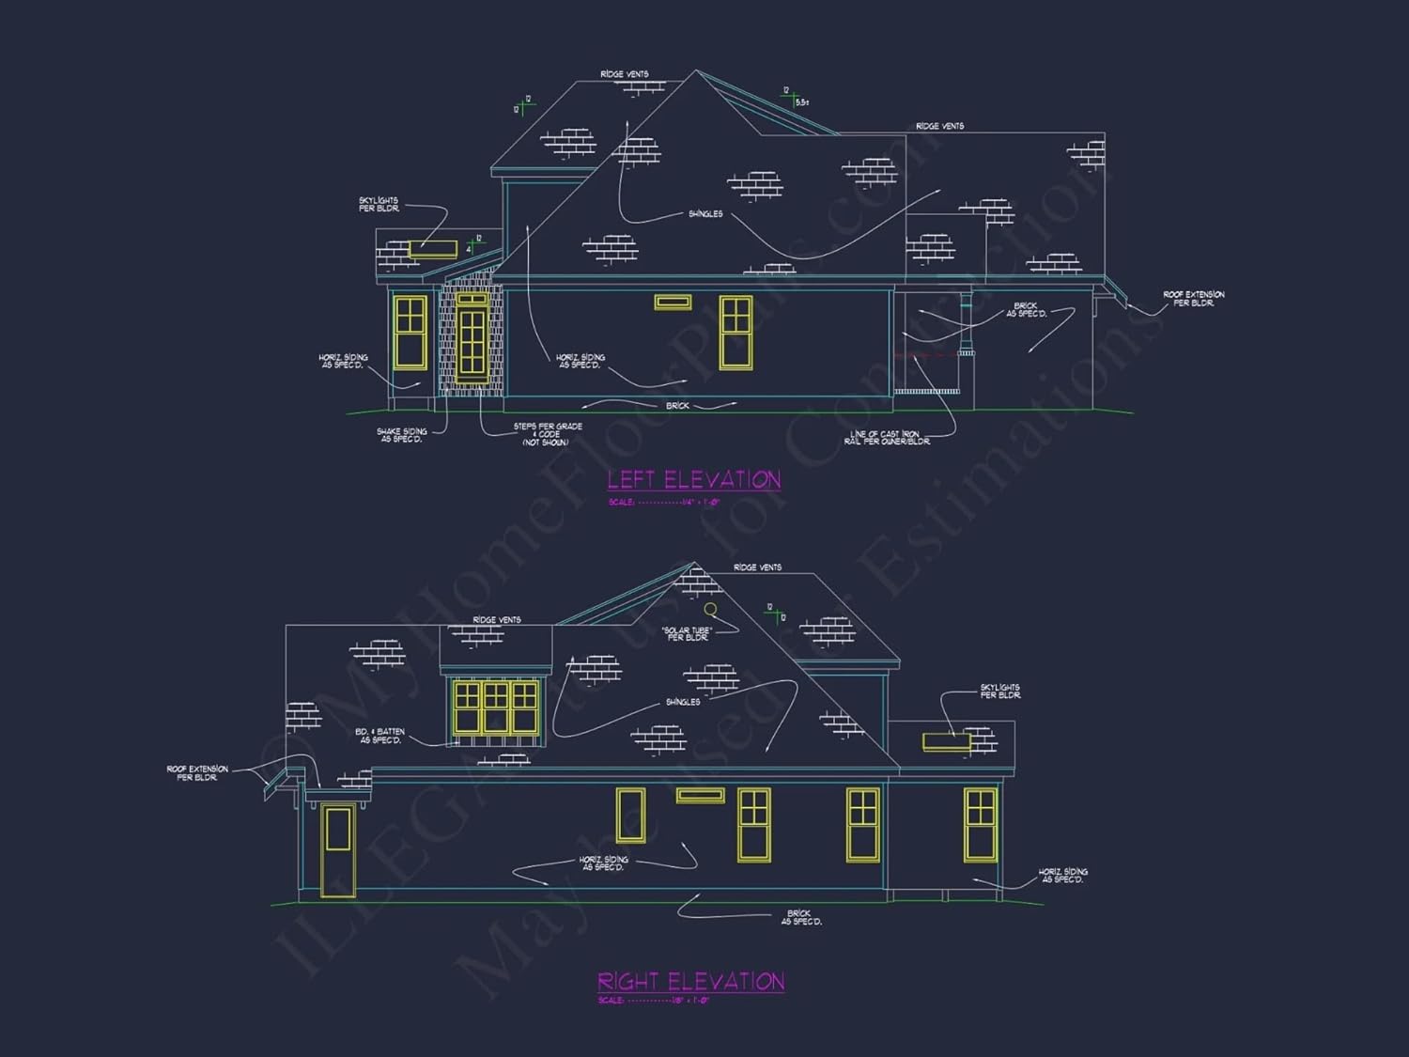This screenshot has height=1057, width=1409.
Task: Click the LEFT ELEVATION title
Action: [693, 480]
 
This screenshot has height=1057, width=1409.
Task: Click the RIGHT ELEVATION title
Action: [690, 982]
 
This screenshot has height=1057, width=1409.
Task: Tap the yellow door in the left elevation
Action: [472, 339]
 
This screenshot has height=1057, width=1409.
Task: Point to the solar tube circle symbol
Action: [711, 610]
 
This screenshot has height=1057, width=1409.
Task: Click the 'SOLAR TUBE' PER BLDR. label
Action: [688, 633]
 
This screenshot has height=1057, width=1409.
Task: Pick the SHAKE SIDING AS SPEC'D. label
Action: [401, 435]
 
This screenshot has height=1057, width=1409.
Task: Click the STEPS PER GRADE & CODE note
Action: [547, 434]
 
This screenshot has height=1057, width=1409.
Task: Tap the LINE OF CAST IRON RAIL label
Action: [887, 438]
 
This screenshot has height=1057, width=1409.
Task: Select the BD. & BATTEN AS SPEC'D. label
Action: [380, 736]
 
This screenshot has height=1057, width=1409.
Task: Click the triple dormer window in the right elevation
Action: [496, 707]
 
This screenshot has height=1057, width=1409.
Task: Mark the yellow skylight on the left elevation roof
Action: [433, 249]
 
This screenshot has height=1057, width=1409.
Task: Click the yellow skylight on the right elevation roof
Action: [946, 742]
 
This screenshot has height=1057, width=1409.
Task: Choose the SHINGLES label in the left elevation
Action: [705, 214]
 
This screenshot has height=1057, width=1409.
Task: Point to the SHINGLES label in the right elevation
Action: [683, 702]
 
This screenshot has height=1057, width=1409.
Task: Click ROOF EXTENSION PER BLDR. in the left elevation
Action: [1193, 299]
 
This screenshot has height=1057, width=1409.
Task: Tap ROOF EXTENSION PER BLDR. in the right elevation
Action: [197, 773]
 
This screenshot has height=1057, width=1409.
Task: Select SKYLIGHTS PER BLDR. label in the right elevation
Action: [1000, 692]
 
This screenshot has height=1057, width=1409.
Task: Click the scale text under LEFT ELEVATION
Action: [663, 503]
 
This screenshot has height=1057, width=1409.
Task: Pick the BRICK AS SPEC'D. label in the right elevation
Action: [800, 917]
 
